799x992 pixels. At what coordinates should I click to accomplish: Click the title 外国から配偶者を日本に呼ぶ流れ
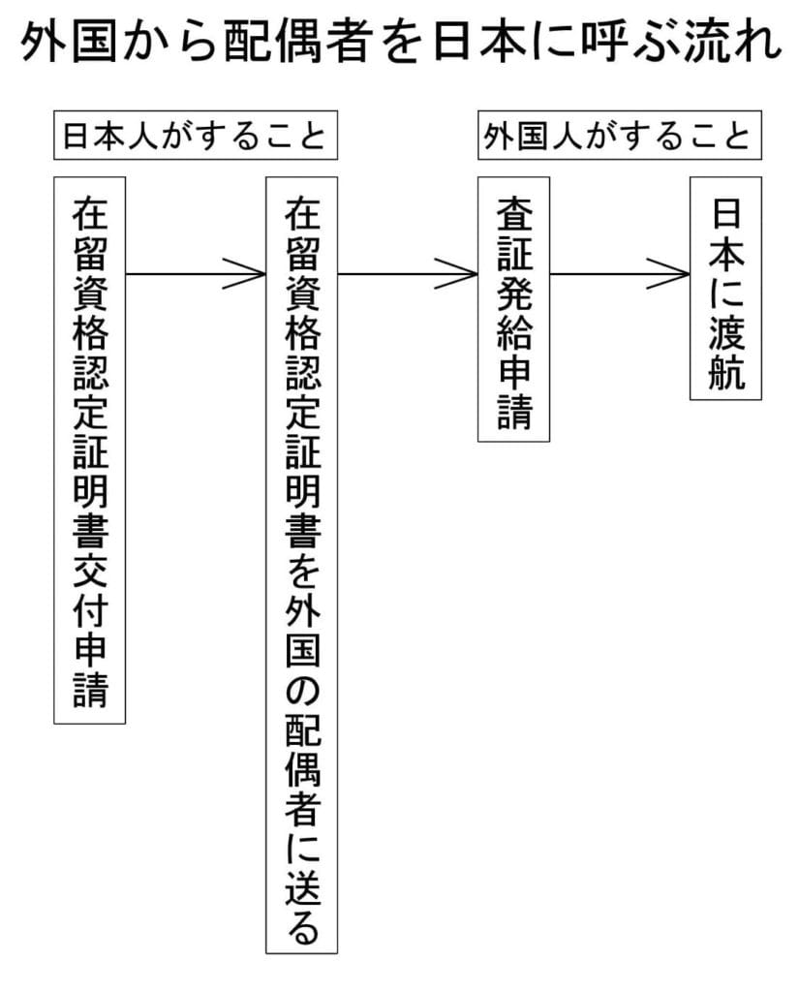coord(399,44)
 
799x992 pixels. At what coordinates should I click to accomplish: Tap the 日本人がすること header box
coord(194,137)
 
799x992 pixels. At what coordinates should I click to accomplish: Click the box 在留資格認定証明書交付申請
coord(90,449)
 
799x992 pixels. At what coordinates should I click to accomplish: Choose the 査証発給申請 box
coord(513,309)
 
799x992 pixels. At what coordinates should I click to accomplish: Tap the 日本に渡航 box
coord(725,288)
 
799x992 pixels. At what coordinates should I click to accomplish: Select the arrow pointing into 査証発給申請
coord(408,274)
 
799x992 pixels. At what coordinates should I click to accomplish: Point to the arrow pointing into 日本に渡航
coord(620,274)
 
